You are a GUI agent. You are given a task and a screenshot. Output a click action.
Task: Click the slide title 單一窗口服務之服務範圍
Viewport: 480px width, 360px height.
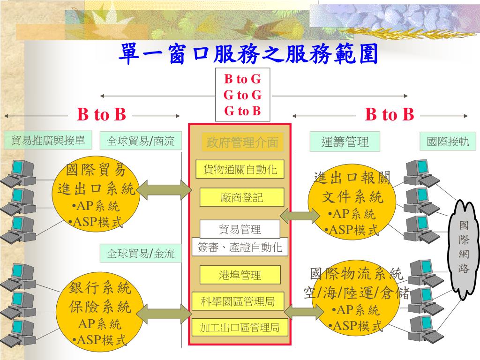pyautogui.click(x=248, y=54)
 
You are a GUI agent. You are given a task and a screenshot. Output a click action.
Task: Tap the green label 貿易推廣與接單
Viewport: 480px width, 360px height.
pyautogui.click(x=48, y=140)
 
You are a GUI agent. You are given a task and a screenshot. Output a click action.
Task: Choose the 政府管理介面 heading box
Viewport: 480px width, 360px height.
pyautogui.click(x=242, y=142)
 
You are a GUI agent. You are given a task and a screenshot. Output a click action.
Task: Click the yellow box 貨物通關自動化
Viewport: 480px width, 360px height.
pyautogui.click(x=240, y=169)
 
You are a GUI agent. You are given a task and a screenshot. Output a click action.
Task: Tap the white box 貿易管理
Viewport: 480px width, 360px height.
pyautogui.click(x=240, y=229)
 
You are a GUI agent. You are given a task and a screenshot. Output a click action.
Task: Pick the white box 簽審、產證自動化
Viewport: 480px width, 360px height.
pyautogui.click(x=240, y=247)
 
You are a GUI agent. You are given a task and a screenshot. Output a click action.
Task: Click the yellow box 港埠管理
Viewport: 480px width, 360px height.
pyautogui.click(x=240, y=275)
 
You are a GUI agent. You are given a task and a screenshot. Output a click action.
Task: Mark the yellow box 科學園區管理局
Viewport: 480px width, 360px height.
pyautogui.click(x=238, y=301)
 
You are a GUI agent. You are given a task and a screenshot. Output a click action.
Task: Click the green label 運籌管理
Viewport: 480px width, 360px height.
pyautogui.click(x=345, y=142)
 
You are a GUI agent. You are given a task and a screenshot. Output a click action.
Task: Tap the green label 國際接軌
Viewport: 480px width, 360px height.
pyautogui.click(x=448, y=142)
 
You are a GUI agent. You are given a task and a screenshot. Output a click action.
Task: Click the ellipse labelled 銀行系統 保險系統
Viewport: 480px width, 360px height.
pyautogui.click(x=100, y=311)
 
